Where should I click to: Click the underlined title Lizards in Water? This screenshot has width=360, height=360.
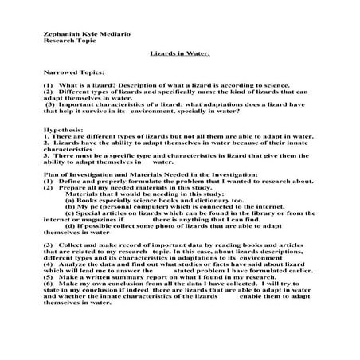tap(179, 54)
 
